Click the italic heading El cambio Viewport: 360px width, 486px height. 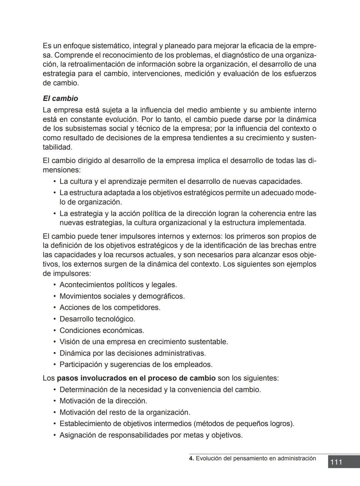[60, 99]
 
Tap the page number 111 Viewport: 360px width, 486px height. [336, 462]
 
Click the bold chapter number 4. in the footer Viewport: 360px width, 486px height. [191, 458]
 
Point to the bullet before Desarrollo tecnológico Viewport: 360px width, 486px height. [54, 319]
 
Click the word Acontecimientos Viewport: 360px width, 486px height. [86, 285]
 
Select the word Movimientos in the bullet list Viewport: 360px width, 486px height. [80, 296]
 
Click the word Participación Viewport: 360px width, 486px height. [81, 364]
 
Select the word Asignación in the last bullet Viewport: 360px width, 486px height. [78, 435]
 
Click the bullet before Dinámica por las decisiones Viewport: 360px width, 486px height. [54, 353]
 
